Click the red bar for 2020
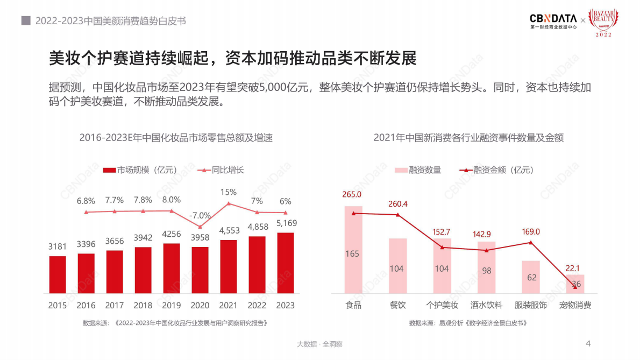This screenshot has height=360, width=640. [x=200, y=270]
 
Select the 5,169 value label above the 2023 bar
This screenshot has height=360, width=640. [x=286, y=223]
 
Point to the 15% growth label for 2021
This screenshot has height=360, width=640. [x=229, y=192]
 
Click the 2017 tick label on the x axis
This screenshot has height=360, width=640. [x=115, y=305]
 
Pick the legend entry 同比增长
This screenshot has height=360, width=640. [x=221, y=170]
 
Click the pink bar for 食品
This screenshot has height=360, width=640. [x=353, y=250]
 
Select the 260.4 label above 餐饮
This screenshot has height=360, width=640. [x=398, y=204]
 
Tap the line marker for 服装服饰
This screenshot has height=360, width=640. [x=531, y=242]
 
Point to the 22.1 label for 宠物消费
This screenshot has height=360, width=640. [x=575, y=268]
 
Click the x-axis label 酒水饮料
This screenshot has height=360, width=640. [x=486, y=305]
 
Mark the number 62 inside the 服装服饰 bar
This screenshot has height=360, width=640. [x=531, y=278]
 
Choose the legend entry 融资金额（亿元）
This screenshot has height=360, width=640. [x=497, y=170]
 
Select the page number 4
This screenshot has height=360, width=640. [x=588, y=343]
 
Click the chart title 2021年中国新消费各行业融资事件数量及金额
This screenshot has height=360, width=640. [x=468, y=138]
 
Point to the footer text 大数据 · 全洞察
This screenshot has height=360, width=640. [x=319, y=344]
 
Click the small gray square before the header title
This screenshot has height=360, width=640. [x=25, y=21]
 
